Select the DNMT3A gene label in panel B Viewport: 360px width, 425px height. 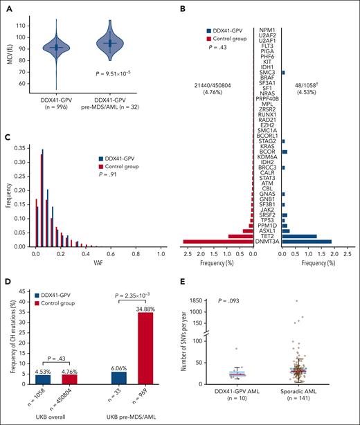[x=267, y=242]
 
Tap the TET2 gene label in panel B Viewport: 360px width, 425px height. [x=267, y=235]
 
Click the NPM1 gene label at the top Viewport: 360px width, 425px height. [x=267, y=12]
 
